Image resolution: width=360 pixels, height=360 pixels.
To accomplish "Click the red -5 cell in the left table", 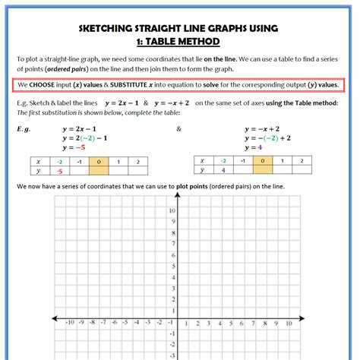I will click(x=58, y=172).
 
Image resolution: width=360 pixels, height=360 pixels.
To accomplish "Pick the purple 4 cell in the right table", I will click(x=223, y=171).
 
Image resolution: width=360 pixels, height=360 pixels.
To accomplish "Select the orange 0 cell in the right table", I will click(x=262, y=161).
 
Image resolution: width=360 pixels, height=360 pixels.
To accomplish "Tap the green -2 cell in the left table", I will click(x=58, y=162).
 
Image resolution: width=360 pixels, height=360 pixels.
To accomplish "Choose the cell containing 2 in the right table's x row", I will click(x=302, y=161).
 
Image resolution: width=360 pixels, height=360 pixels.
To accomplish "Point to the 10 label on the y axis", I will click(x=172, y=210).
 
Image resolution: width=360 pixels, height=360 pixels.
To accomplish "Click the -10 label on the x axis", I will click(x=70, y=322).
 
